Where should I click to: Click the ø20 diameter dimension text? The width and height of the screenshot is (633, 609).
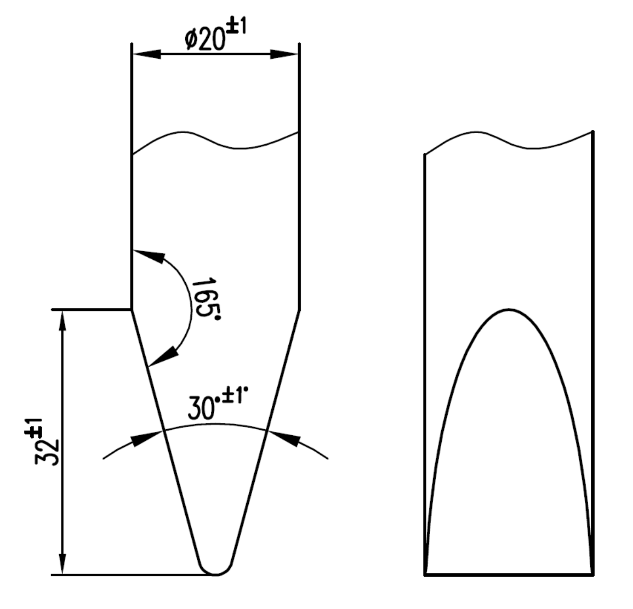[x=206, y=39]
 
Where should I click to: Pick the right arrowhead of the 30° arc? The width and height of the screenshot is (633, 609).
[x=286, y=439]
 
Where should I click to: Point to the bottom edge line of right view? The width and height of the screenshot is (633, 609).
[x=509, y=574]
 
